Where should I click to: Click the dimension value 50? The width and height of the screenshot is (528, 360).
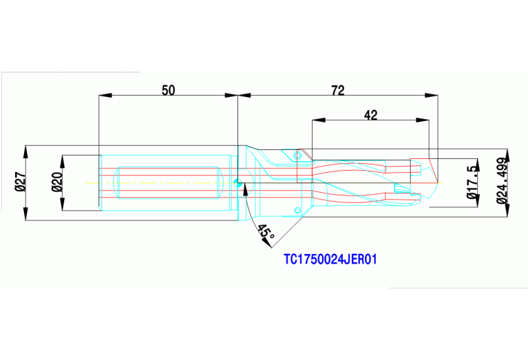coord(168,89)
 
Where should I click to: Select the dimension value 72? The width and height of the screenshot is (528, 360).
coord(337,89)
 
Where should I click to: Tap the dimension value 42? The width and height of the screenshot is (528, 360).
coord(371,115)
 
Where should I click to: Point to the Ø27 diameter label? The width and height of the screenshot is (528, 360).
coord(20,182)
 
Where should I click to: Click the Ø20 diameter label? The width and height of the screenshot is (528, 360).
coord(57,182)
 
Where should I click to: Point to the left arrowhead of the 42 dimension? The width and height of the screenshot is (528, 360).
coord(316,121)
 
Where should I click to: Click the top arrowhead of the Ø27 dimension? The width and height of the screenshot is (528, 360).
coord(26,149)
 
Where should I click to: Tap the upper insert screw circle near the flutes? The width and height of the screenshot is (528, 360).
coord(297,156)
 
